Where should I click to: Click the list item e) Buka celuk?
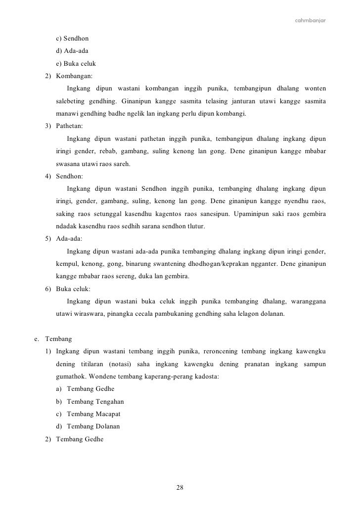[x=75, y=64]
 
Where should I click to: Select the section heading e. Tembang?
[x=53, y=339]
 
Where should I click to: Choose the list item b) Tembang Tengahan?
[x=90, y=401]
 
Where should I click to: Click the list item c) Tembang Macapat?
[x=89, y=414]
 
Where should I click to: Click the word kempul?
[x=67, y=264]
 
